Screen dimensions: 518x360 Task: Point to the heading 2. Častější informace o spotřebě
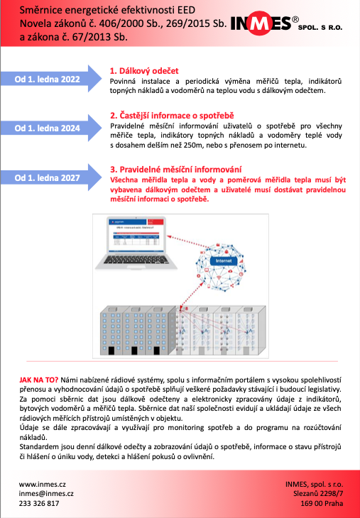click(x=171, y=115)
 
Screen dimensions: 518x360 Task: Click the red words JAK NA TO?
click(x=39, y=380)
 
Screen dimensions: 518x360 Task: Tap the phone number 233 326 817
click(x=39, y=503)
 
